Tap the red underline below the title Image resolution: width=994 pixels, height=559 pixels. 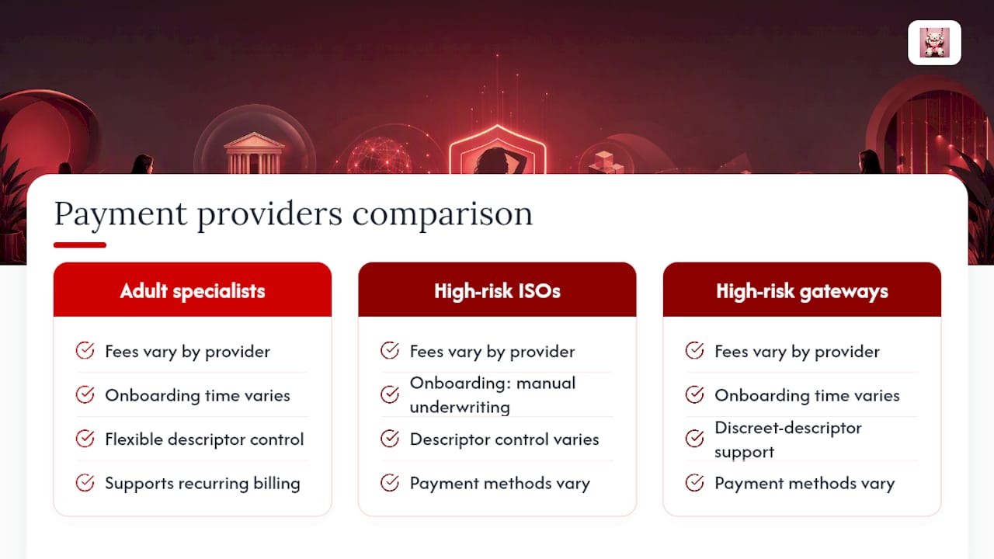(80, 245)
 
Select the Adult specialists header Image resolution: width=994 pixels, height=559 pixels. (193, 291)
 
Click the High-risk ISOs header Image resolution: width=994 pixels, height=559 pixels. (497, 291)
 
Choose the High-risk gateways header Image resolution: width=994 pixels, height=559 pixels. (802, 291)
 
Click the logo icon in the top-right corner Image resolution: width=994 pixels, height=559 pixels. (934, 43)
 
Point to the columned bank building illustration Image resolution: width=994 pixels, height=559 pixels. (254, 153)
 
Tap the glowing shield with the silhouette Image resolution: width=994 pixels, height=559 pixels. (498, 150)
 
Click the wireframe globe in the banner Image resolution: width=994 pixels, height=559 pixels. (380, 155)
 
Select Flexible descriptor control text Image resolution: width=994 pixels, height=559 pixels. (204, 439)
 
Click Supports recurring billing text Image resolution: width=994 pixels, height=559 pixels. (203, 483)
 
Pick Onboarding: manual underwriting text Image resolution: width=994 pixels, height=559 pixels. (492, 395)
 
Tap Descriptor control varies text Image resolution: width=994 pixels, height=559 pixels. (504, 439)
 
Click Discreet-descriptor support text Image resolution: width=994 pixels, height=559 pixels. (788, 439)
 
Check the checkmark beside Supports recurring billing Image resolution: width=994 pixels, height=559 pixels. (85, 483)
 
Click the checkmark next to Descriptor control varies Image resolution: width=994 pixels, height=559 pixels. (390, 439)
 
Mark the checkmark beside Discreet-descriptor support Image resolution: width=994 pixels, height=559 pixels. (694, 439)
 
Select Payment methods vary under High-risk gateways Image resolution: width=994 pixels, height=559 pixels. (805, 483)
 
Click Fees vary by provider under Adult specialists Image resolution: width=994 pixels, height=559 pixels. (187, 352)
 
